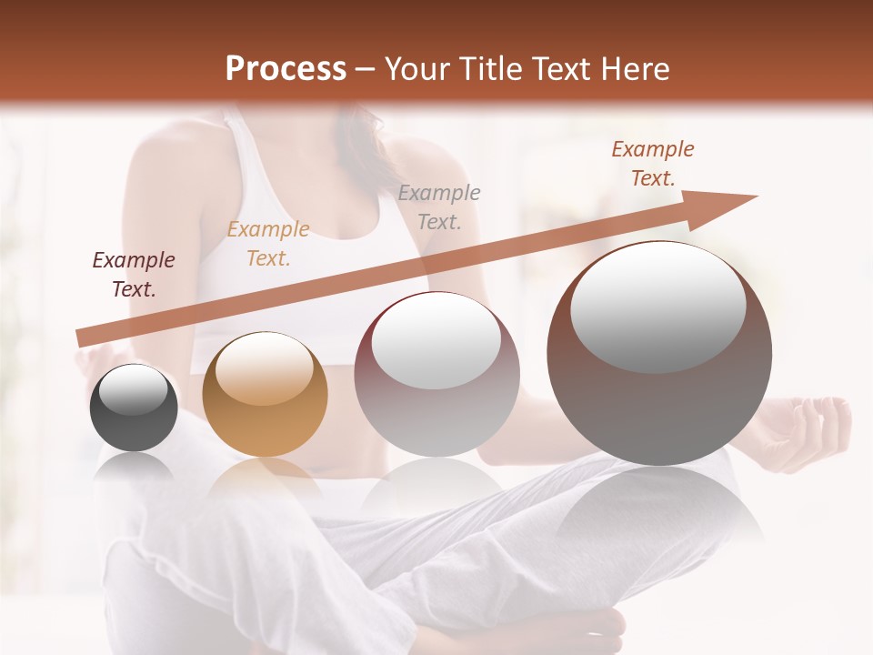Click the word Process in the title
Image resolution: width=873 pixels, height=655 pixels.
[x=286, y=69]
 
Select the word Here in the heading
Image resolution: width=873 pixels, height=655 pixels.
[x=635, y=69]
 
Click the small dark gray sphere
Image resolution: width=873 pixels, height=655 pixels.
[x=133, y=408]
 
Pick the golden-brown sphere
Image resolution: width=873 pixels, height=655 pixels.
[x=265, y=394]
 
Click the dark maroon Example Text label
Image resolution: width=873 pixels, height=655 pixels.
[x=134, y=275]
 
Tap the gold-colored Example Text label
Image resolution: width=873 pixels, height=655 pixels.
[x=268, y=244]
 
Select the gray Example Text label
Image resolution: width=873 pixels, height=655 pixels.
[x=439, y=207]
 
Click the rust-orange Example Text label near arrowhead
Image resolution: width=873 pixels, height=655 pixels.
[x=652, y=164]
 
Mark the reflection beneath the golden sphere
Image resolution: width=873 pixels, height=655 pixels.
[x=265, y=482]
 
